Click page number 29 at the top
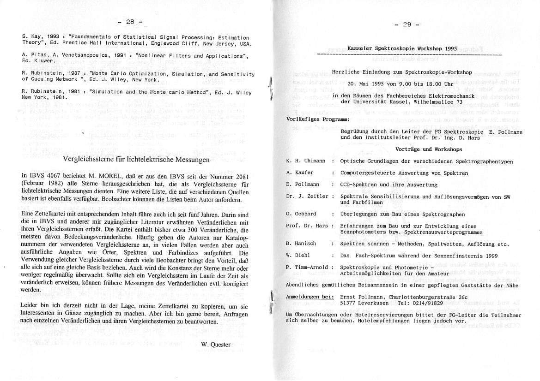pyautogui.click(x=407, y=24)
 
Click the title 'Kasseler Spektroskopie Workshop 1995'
pyautogui.click(x=402, y=48)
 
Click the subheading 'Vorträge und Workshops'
pyautogui.click(x=429, y=149)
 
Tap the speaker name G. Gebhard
pyautogui.click(x=301, y=214)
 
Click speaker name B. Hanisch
pyautogui.click(x=301, y=244)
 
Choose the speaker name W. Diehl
pyautogui.click(x=298, y=255)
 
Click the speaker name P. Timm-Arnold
pyautogui.click(x=307, y=267)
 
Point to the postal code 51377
pyautogui.click(x=349, y=303)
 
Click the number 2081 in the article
pyautogui.click(x=240, y=176)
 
